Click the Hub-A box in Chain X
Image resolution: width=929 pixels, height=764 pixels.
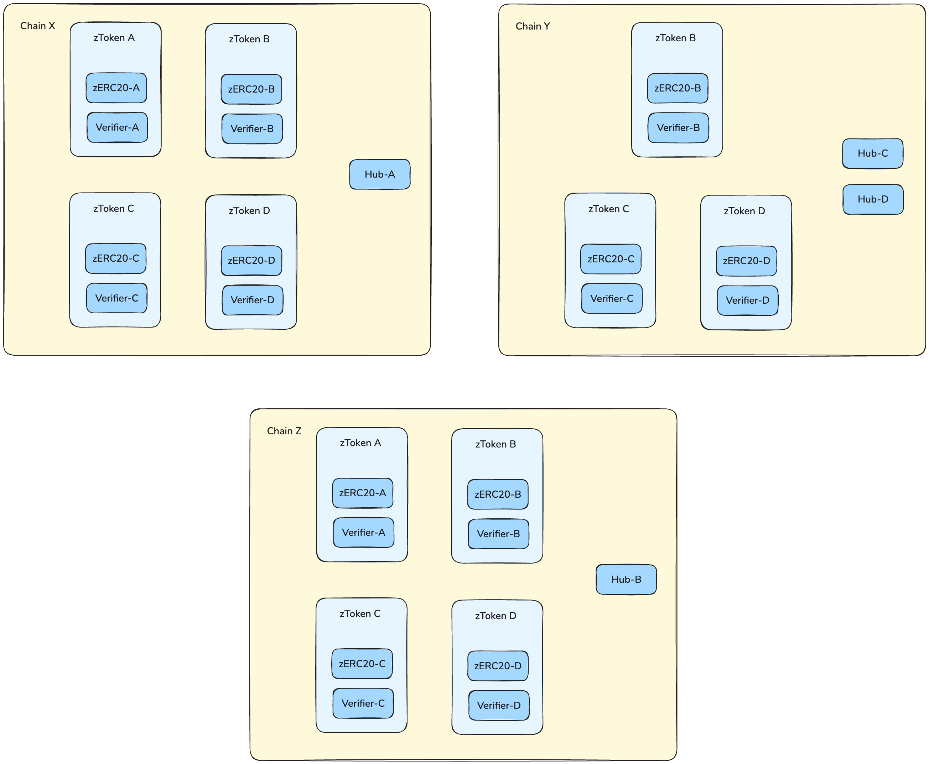pos(379,174)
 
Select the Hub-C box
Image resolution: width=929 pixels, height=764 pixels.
pos(872,153)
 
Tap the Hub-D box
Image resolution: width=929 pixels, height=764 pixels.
pos(873,199)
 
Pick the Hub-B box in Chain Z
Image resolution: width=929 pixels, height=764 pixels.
pos(626,579)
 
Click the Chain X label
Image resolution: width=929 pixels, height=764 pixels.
pos(37,26)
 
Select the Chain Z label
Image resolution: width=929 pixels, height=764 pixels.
pos(284,431)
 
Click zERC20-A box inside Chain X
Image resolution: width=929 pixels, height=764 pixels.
pos(116,88)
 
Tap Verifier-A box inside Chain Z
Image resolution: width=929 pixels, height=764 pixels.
pos(363,533)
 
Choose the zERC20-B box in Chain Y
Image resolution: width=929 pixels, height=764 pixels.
pos(677,88)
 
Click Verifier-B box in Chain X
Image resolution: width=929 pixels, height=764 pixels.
pos(252,129)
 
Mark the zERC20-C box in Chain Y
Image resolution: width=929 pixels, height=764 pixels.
pos(611,259)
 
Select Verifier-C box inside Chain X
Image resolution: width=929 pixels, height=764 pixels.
pos(117,298)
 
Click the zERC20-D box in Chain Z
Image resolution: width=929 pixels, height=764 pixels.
pos(498,666)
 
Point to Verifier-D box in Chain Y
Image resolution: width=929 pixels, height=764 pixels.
pos(747,300)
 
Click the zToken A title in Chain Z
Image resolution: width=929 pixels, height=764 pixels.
pos(360,443)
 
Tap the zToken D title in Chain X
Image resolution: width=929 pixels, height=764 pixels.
pos(249,210)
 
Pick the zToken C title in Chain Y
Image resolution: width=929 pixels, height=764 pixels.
pos(608,209)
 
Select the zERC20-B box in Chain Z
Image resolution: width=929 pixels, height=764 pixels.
pos(498,494)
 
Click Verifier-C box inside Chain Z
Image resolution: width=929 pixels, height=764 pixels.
pos(363,703)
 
